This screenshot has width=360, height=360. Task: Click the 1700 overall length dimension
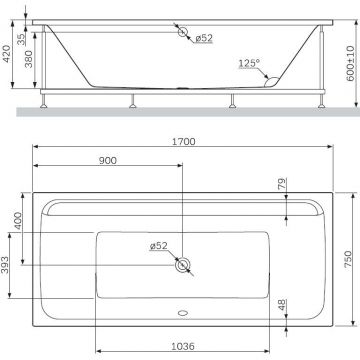tap(182, 143)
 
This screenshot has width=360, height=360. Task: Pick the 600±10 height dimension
tap(350, 62)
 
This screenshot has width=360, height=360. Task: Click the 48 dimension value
tap(283, 305)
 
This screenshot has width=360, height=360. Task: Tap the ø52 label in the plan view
tap(158, 246)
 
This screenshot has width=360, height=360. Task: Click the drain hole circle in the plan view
tap(182, 265)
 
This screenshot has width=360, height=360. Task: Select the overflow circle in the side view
tap(183, 33)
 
